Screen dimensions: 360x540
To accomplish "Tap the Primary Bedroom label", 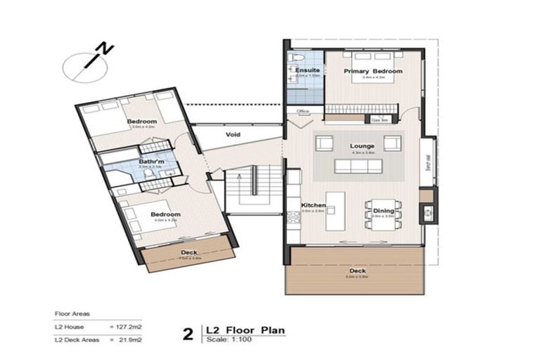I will pos(372,72).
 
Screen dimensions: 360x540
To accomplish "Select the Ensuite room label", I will pos(307,70).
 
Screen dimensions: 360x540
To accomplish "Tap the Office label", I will pos(304,111).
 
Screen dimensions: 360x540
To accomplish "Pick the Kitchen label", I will pos(311,205).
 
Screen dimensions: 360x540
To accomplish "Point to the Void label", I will pos(233,134).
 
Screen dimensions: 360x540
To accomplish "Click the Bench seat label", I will pos(427,162).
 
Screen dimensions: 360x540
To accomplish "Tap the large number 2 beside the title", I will pos(188,333).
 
